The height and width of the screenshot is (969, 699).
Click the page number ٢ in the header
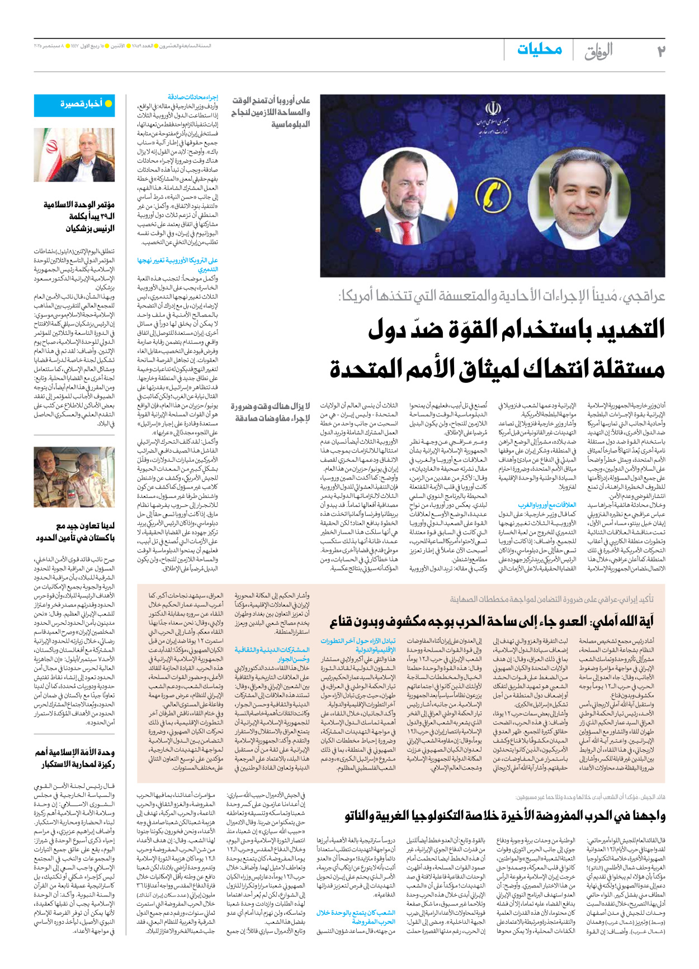click(x=660, y=51)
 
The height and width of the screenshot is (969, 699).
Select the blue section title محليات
click(x=539, y=49)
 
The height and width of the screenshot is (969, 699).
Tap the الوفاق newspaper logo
click(x=598, y=51)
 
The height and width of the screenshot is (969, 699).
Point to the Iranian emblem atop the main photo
click(x=493, y=108)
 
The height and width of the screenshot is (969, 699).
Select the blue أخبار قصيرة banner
click(x=74, y=105)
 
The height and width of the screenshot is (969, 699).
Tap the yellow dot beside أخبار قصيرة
click(x=108, y=104)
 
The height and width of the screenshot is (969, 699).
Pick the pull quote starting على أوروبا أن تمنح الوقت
click(x=271, y=112)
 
